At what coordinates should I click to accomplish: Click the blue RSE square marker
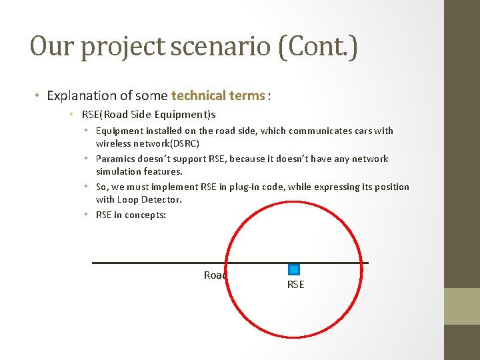pos(294,269)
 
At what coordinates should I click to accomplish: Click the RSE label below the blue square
pos(295,285)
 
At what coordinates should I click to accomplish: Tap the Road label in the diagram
pos(215,275)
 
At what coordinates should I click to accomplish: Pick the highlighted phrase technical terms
pos(218,95)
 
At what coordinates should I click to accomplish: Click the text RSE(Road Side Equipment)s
pos(149,114)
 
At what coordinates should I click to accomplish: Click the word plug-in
pos(248,187)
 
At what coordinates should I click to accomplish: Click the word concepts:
pos(145,215)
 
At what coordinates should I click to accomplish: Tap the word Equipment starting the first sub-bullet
pos(119,131)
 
